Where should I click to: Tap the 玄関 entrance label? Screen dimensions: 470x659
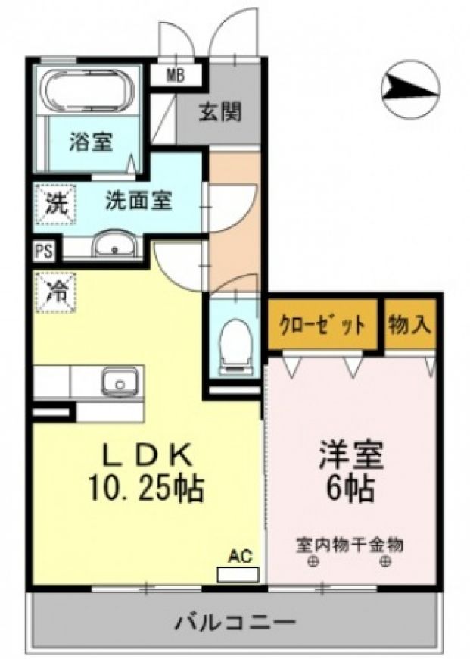[x=220, y=112]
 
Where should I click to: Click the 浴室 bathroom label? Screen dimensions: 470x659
[x=91, y=142]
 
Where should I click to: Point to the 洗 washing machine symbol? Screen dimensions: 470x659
[x=56, y=204]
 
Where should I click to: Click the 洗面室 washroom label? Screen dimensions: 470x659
[x=139, y=200]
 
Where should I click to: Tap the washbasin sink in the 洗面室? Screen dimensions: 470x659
[x=114, y=244]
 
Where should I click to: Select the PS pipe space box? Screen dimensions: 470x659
[x=44, y=251]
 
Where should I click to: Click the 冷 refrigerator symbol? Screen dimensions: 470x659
[x=56, y=292]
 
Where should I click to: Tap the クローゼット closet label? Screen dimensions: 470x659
[x=322, y=325]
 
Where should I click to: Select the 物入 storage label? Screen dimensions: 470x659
[x=410, y=324]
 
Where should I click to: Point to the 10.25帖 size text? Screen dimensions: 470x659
[x=146, y=488]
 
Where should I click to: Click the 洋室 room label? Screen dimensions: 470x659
[x=351, y=454]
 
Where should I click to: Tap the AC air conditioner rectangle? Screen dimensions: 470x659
[x=238, y=574]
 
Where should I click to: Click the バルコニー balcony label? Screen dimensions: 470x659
[x=235, y=622]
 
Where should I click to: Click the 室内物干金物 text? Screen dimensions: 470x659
[x=350, y=545]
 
